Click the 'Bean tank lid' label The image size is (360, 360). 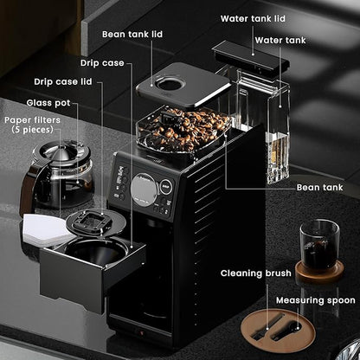point(131,34)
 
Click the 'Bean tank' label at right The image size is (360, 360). point(320,187)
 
